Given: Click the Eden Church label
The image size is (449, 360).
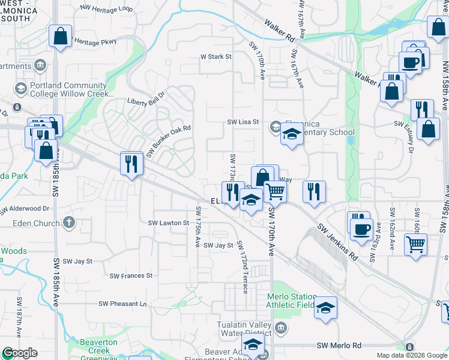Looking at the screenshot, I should click(37, 223).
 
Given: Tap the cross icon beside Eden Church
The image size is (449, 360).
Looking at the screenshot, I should click(69, 223).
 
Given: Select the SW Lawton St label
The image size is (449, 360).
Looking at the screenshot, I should click(169, 223).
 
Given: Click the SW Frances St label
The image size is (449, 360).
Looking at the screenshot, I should click(131, 276).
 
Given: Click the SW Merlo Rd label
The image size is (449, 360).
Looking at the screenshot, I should click(339, 346).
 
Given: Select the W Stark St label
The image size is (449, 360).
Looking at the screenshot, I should click(215, 57).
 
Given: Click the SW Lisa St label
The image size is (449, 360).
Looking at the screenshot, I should click(243, 122).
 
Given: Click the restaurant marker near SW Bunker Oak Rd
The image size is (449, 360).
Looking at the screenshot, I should click(131, 163).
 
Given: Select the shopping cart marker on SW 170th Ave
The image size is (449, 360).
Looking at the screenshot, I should click(275, 191).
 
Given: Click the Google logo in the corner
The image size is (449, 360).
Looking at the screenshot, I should click(19, 353).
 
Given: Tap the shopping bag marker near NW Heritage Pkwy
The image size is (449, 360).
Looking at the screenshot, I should click(61, 37).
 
